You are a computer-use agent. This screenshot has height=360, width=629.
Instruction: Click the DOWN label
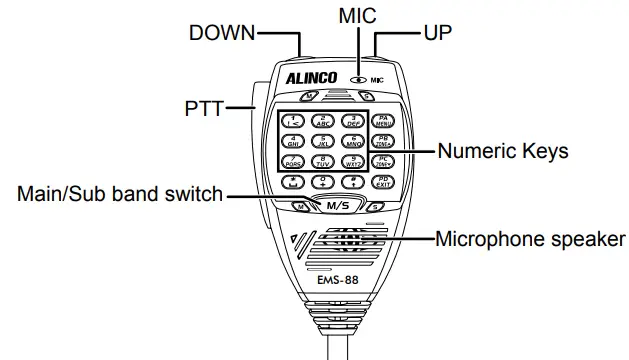click(222, 33)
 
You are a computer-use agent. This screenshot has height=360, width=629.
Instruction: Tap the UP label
click(437, 33)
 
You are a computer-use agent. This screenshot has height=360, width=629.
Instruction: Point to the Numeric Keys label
click(503, 152)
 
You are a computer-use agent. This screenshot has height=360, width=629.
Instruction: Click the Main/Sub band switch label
click(119, 194)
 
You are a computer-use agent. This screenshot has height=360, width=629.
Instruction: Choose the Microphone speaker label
click(530, 239)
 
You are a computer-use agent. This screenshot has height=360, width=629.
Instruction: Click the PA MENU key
click(385, 121)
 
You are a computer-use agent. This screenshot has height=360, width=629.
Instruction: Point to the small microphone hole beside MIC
click(357, 77)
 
